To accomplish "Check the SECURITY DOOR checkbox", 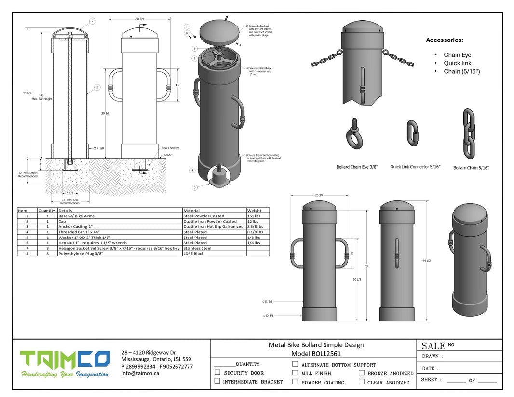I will coord(217,373).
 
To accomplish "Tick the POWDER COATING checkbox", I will coord(295,382).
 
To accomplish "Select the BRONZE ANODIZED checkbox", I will coord(362,373).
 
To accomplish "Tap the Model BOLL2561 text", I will coord(316,353).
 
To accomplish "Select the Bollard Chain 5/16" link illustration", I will coord(468,133).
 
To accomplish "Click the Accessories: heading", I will coord(444,40).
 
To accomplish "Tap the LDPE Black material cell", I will coord(194,253).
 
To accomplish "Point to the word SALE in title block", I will coord(433,346).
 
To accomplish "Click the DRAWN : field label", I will coord(432,357).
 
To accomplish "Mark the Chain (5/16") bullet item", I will coord(461,72).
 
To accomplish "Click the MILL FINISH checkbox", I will coord(295,373).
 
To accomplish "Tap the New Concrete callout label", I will coord(170,148).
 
